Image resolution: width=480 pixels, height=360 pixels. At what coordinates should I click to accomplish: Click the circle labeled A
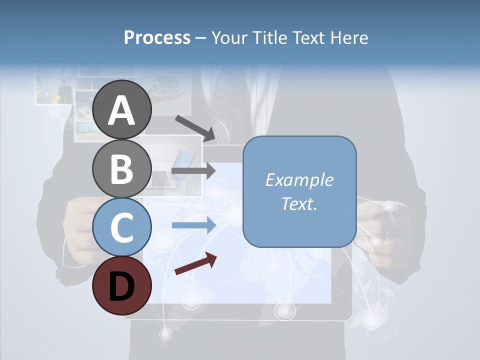122,109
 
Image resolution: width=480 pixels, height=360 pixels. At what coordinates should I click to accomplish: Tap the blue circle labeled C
122,227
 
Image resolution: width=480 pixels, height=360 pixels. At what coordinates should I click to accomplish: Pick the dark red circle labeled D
122,285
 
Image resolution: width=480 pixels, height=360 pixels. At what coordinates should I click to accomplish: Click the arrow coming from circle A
195,128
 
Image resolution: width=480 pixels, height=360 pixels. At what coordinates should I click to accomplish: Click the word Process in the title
157,37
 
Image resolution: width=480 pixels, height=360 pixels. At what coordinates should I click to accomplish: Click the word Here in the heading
349,37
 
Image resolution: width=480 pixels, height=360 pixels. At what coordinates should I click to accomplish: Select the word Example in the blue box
299,180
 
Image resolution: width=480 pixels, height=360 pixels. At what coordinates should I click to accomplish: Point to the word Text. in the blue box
299,203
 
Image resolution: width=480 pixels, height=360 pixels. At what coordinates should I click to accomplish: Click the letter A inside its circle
122,110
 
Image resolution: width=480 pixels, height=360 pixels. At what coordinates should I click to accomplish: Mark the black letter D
122,286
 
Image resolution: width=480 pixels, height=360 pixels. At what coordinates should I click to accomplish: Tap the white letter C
122,228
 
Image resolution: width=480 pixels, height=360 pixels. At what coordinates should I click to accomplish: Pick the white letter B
122,169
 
